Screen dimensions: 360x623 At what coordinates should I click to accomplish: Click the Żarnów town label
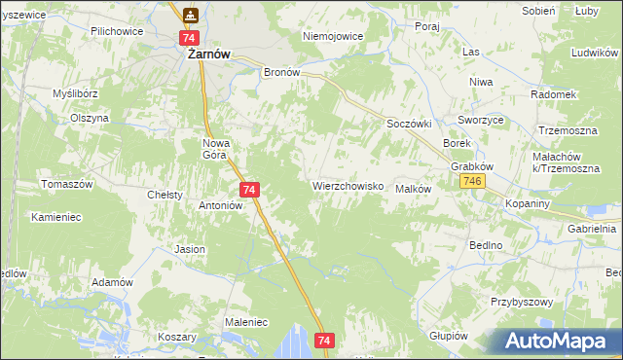click(208, 55)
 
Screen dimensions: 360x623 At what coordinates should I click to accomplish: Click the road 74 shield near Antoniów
click(249, 190)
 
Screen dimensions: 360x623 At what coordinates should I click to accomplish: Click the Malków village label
click(413, 189)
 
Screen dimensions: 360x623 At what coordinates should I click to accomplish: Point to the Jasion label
click(190, 249)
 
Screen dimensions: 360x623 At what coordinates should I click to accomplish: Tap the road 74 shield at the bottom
click(325, 340)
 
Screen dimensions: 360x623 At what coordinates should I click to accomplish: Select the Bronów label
click(282, 72)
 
